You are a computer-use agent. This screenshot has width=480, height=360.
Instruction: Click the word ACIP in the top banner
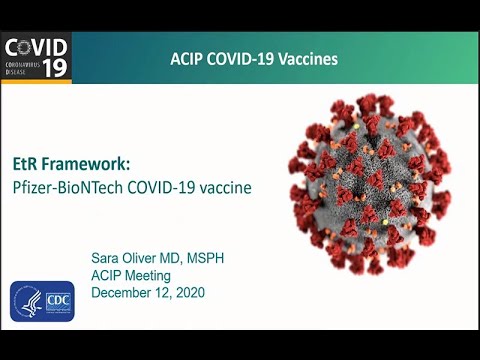tap(187, 59)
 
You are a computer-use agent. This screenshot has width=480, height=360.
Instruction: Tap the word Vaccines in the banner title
tap(307, 59)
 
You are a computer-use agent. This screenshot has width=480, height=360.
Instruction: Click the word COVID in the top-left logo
tap(37, 48)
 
